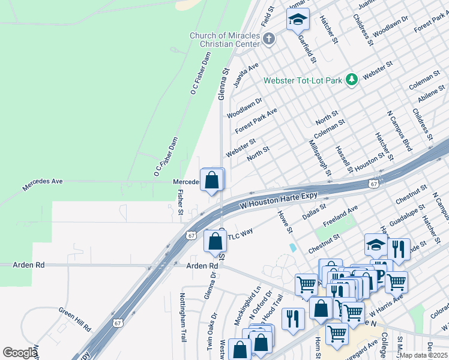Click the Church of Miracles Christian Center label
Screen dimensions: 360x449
click(x=225, y=40)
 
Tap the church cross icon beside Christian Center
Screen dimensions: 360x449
click(x=269, y=40)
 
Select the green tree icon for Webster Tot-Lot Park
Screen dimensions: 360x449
click(x=351, y=79)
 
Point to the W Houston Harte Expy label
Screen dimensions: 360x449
click(x=279, y=200)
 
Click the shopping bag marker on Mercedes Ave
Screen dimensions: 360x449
click(x=212, y=180)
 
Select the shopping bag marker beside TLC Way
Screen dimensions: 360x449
click(x=215, y=241)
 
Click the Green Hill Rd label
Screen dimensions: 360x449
click(x=74, y=319)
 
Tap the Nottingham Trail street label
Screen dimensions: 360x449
click(x=183, y=317)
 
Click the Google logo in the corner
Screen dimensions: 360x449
click(x=20, y=353)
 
